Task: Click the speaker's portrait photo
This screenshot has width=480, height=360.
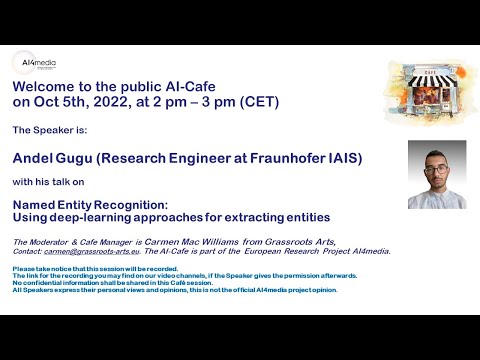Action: [436, 174]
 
